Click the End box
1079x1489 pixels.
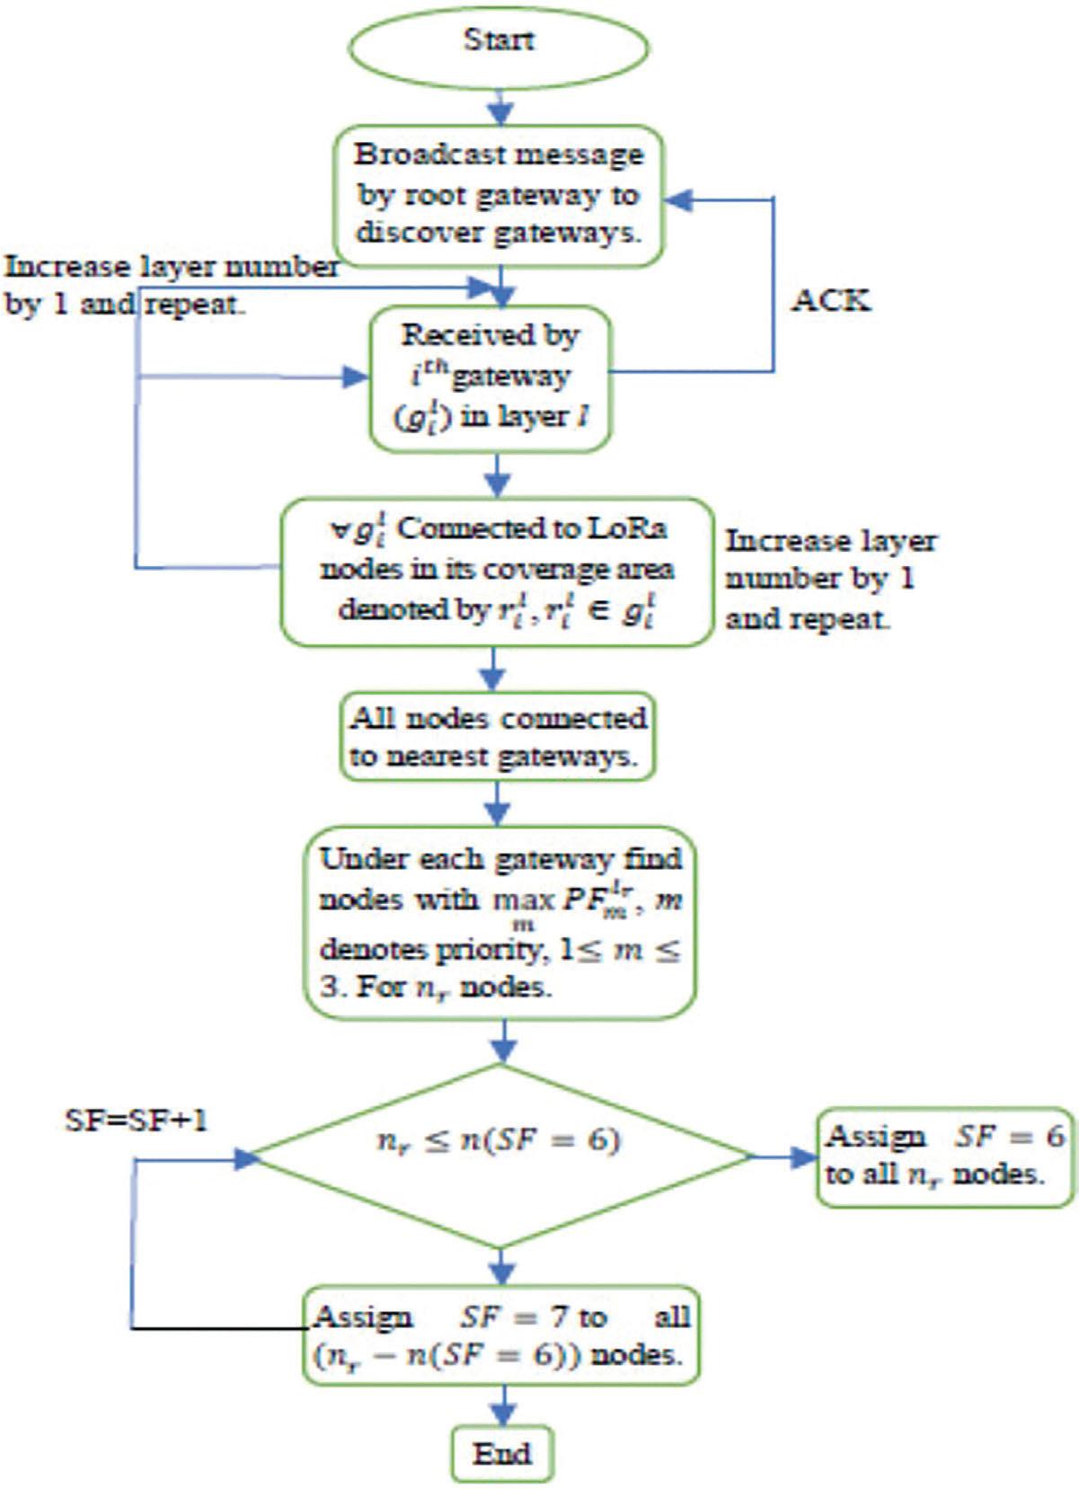point(501,1453)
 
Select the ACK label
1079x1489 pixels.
point(831,299)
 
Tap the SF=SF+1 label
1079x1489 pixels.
point(137,1120)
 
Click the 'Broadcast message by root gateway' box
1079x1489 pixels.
point(500,195)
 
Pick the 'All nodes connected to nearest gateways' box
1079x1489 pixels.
point(498,736)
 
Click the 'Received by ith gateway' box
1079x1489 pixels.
point(491,377)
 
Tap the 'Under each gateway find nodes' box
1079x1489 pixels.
point(500,923)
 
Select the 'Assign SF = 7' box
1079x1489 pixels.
point(500,1334)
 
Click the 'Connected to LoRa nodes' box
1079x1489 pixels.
point(497,572)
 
